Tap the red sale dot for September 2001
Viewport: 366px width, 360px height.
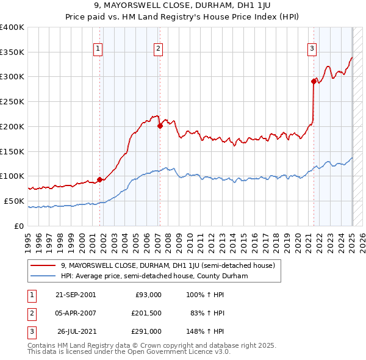pos(99,179)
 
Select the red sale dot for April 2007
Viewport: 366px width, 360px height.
pos(160,126)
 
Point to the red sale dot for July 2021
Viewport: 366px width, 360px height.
pos(314,81)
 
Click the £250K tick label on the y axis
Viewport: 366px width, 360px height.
pos(12,102)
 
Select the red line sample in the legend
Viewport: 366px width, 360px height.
pos(44,265)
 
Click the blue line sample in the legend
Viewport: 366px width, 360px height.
pos(44,276)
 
